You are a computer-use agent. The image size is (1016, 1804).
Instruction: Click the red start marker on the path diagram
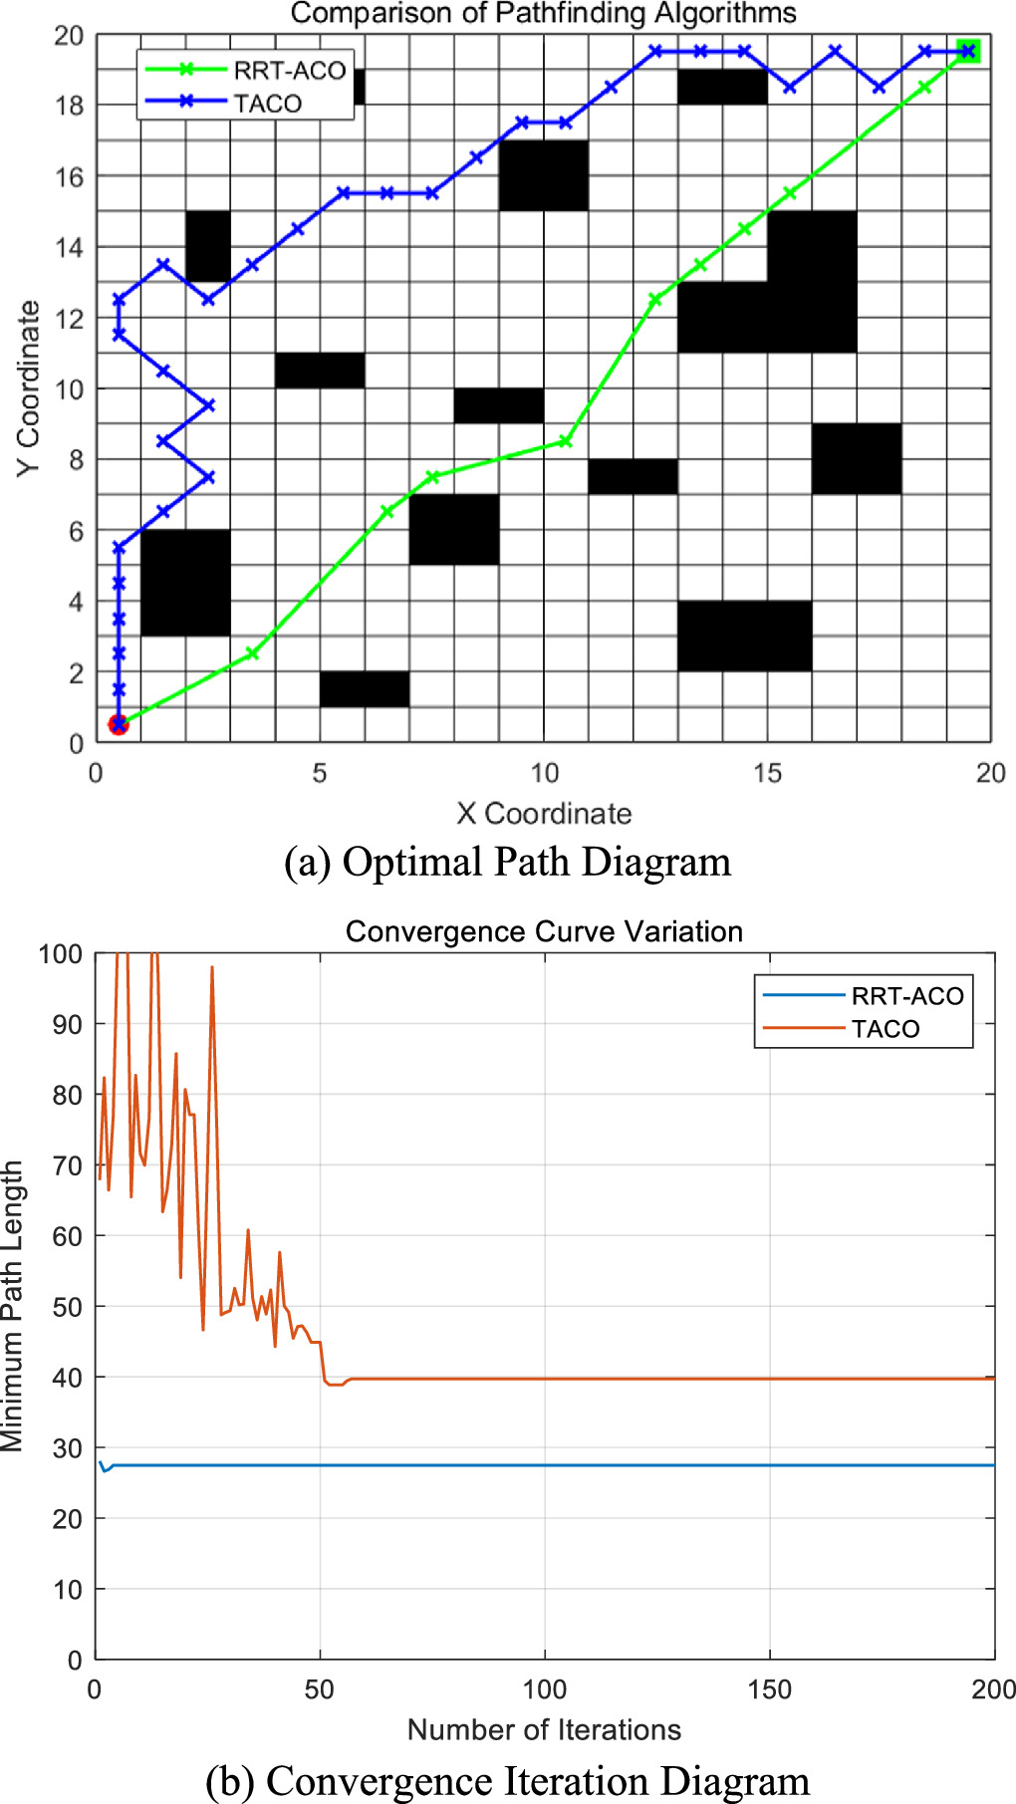119,724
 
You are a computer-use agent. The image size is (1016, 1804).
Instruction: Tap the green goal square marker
968,51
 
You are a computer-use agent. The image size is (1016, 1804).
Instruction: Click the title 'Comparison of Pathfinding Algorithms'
543,14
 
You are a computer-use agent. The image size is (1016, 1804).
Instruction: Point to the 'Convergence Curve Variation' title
544,931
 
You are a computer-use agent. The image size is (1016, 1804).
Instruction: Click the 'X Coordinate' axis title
544,814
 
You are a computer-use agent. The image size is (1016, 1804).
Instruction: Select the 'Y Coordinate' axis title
29,388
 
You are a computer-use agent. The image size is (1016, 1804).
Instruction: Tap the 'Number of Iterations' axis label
544,1729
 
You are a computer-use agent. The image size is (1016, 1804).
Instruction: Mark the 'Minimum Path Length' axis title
12,1306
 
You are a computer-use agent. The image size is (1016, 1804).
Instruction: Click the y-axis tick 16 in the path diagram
69,176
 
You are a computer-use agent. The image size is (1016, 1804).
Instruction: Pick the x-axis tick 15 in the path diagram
767,773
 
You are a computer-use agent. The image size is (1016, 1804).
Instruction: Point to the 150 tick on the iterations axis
769,1689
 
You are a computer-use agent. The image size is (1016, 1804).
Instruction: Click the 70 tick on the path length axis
67,1165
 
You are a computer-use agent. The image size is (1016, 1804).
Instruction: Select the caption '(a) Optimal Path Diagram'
507,862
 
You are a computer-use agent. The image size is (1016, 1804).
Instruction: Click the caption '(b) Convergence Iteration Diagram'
507,1780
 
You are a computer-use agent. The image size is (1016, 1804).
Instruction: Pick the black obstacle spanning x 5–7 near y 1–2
365,689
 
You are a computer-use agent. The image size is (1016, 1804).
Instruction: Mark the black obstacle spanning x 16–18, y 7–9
857,459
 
